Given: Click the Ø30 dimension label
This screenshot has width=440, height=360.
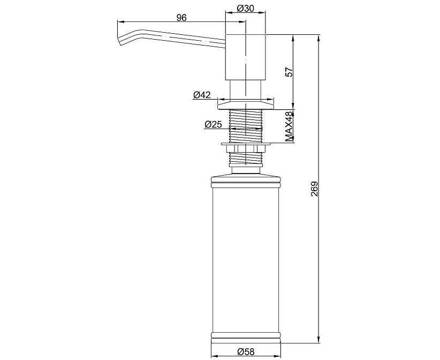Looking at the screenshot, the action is tap(245, 9).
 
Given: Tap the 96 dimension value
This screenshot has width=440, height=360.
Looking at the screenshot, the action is tap(181, 17).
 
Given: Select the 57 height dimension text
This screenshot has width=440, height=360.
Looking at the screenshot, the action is tap(289, 72).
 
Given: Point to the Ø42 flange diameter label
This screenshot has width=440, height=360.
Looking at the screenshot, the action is tap(202, 95).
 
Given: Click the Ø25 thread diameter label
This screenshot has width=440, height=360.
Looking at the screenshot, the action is tap(213, 124).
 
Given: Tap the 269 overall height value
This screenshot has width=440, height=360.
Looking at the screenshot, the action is tap(315, 189).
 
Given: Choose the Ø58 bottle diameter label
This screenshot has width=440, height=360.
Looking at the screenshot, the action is tap(246, 351).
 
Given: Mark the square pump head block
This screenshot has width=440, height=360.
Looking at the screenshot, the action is tap(246, 57).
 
